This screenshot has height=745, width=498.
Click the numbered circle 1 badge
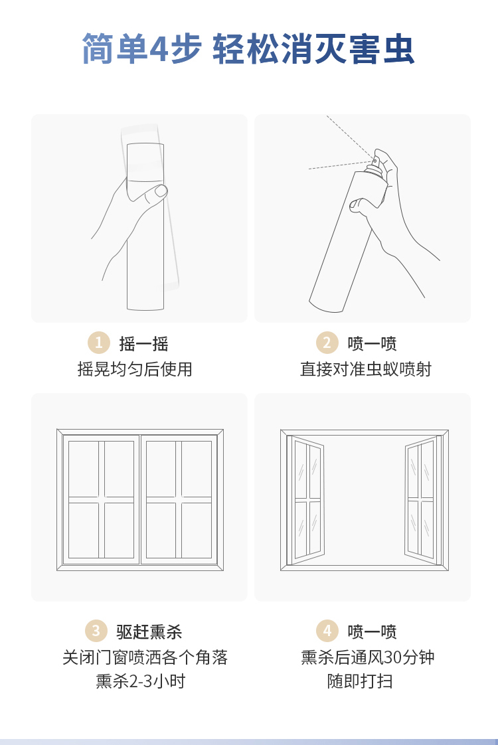[99, 343]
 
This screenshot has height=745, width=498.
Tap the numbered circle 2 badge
[327, 343]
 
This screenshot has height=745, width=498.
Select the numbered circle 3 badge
[96, 631]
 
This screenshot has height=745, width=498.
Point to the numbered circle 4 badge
[327, 631]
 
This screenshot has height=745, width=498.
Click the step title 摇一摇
[143, 343]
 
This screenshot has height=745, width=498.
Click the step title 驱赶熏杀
[149, 631]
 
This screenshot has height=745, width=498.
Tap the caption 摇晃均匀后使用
[135, 369]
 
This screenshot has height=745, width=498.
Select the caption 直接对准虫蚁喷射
[365, 369]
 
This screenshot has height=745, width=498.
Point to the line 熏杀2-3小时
[140, 681]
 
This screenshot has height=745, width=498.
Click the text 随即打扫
[360, 681]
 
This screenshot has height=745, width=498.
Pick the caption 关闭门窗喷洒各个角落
[145, 657]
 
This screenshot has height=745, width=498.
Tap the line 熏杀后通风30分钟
[368, 657]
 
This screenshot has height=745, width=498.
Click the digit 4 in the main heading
[159, 49]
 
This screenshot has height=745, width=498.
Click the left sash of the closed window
[101, 499]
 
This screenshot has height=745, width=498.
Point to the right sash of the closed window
[179, 499]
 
